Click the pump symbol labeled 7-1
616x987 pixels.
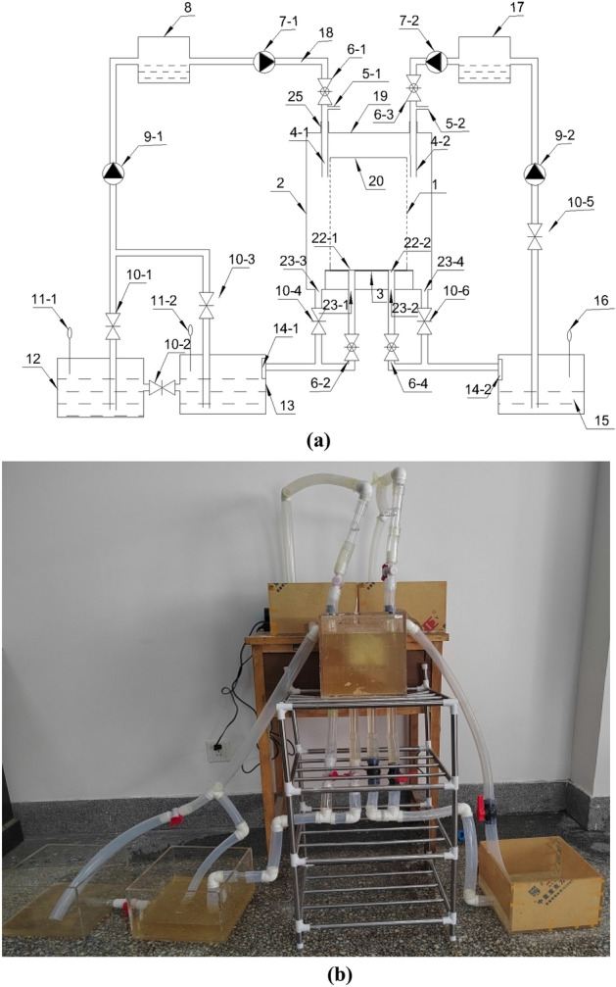pos(263,62)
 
